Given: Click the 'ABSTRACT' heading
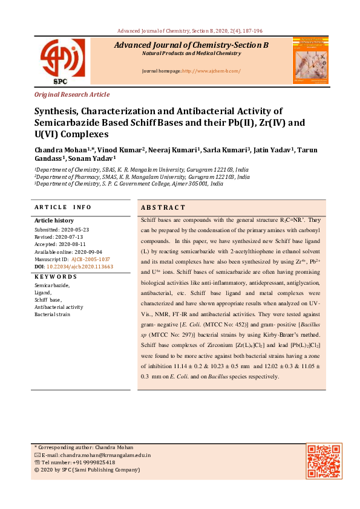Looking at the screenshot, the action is (163, 207).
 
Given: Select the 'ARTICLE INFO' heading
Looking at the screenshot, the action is (63, 207).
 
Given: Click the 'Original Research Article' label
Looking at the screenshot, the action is (72, 94).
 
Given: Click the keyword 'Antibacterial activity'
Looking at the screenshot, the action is (59, 307).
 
